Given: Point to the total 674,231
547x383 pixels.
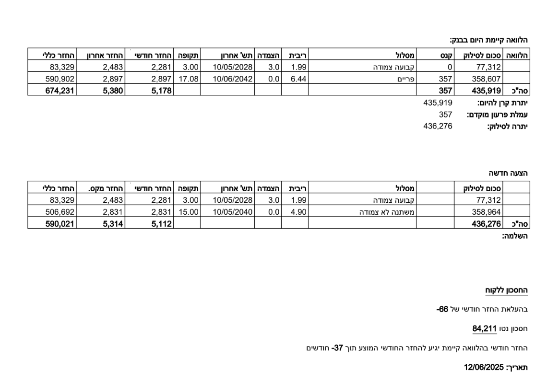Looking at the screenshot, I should tap(59, 90).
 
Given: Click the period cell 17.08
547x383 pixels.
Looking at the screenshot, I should tap(187, 78).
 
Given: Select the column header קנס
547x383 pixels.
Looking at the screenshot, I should tap(447, 56).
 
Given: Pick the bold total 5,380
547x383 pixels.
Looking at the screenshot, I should tap(114, 90).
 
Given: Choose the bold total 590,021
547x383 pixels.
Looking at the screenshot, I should tap(59, 223).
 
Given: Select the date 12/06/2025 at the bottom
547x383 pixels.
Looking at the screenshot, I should tap(483, 367).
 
